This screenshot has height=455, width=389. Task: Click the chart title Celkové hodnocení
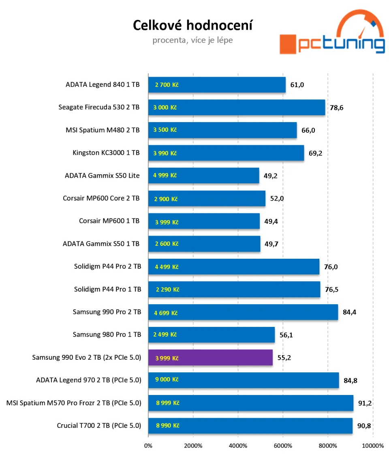coord(192,26)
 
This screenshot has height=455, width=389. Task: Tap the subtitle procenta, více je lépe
coord(192,41)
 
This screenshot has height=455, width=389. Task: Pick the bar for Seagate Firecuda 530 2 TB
coord(237,107)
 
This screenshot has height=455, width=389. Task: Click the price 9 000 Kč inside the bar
coord(167,380)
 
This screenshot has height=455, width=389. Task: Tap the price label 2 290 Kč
coord(167,290)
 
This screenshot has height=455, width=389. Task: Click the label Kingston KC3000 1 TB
coord(106,153)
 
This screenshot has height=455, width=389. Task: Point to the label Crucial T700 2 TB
coord(99,425)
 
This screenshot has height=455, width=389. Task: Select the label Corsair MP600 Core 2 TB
coord(101,198)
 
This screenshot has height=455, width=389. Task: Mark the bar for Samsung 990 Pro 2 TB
coord(243,312)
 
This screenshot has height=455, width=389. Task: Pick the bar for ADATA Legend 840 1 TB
coord(217,85)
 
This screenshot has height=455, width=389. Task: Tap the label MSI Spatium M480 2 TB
coord(103,130)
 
